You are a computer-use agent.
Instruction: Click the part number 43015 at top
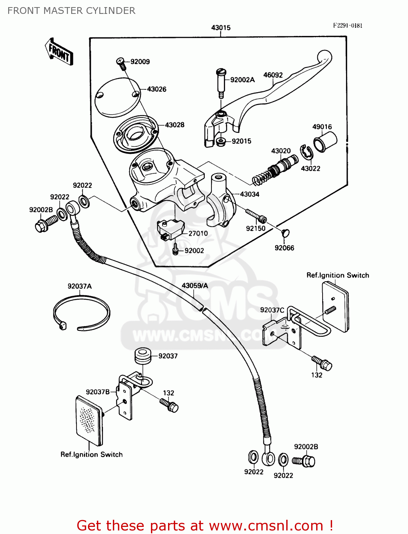click(221, 27)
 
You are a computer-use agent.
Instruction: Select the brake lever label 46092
click(273, 75)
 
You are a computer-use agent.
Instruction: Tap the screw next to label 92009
click(121, 63)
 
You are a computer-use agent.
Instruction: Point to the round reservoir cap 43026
click(117, 97)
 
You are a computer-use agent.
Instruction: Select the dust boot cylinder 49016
click(325, 142)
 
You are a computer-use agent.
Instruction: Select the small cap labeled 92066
click(285, 233)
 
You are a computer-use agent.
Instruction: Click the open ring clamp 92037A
click(81, 313)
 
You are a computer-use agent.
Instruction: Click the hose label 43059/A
click(195, 286)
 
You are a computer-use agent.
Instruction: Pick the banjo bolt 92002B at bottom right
click(304, 461)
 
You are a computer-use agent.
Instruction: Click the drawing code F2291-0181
click(347, 25)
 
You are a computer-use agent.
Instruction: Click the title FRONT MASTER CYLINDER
click(71, 11)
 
